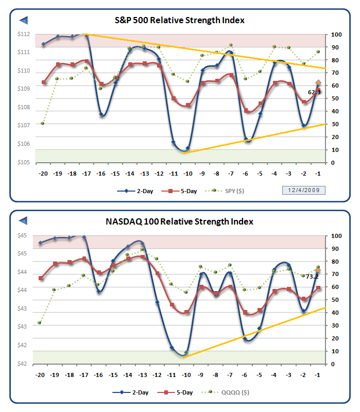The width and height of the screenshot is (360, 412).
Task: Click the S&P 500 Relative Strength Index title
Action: click(x=179, y=21)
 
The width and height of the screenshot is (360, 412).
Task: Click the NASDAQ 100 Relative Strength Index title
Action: click(x=179, y=221)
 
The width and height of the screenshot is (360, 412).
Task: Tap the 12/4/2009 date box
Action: click(x=304, y=191)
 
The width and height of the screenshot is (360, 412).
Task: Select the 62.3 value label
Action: click(x=315, y=92)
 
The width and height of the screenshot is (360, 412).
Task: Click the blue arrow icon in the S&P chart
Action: click(x=23, y=20)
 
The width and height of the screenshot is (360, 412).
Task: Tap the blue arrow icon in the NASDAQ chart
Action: click(x=23, y=221)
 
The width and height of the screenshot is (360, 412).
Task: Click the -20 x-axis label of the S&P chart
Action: click(x=42, y=174)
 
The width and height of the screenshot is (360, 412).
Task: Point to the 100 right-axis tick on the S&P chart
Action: click(x=337, y=35)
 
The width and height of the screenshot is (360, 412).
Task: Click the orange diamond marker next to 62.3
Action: click(x=318, y=83)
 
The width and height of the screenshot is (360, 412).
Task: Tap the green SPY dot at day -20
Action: click(x=42, y=123)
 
